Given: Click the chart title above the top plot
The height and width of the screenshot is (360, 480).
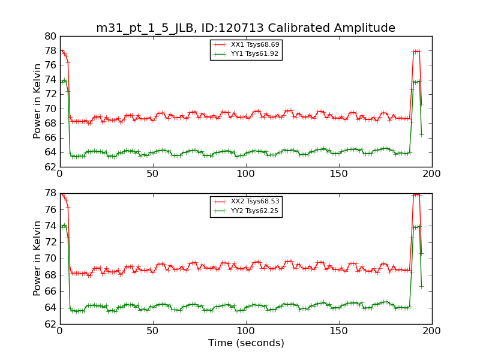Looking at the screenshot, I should (245, 28).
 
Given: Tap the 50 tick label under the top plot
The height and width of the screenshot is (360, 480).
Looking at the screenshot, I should (152, 174).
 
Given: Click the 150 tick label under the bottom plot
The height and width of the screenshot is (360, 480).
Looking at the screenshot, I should (338, 331).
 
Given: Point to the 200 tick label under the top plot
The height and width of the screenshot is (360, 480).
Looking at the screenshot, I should (431, 174).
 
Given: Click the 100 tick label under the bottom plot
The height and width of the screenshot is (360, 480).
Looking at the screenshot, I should (245, 331).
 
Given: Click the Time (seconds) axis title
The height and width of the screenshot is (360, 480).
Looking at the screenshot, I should (245, 343).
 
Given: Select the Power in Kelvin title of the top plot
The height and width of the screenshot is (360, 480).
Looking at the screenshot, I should (37, 101).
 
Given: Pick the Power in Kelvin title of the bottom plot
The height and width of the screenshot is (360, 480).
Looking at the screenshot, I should (37, 258).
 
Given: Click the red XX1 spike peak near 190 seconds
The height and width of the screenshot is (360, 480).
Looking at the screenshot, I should (416, 52).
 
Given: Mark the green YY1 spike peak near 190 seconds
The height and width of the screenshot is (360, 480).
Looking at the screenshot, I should (416, 82).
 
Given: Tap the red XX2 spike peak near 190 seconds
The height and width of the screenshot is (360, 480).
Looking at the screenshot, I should (416, 195).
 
